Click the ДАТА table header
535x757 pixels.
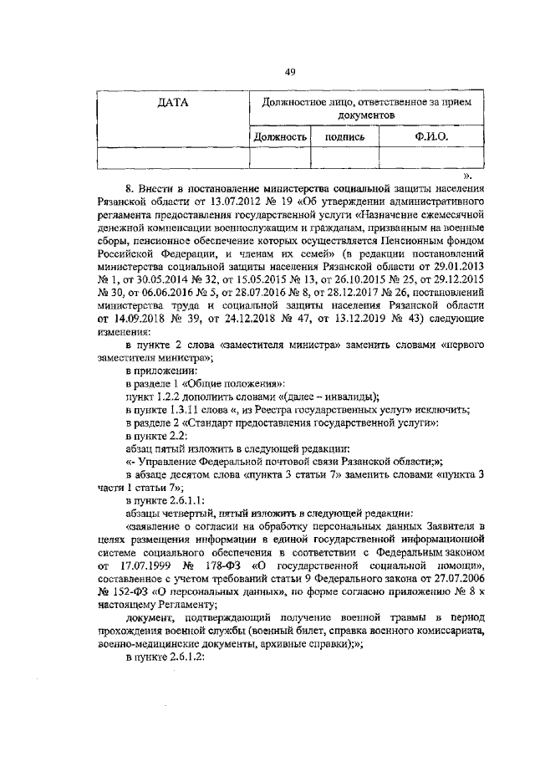[x=173, y=104]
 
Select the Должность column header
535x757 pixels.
[x=282, y=136]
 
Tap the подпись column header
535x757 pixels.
[x=344, y=136]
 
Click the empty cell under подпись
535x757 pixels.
[x=344, y=157]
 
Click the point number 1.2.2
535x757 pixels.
[x=172, y=396]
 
